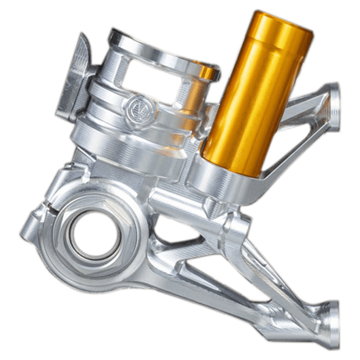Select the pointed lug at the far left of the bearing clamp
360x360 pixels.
pos(28,227)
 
